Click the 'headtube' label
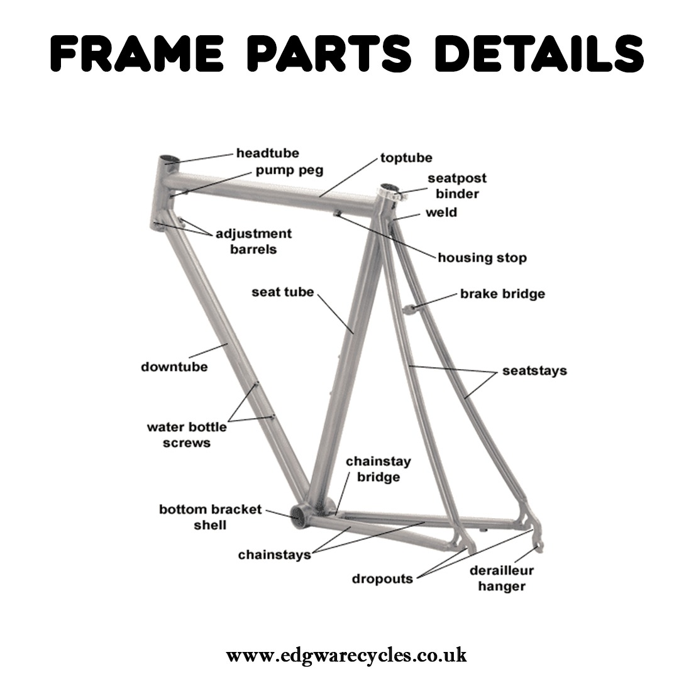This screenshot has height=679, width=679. tap(267, 153)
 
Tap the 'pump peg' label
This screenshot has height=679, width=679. tap(289, 170)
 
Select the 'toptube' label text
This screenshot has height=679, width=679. tap(406, 157)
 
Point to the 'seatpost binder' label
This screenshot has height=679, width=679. tap(457, 186)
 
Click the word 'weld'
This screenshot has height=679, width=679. tap(441, 213)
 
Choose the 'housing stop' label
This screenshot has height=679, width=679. tap(482, 258)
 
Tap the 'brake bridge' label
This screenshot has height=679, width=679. tap(502, 294)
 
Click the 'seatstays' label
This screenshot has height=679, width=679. tap(534, 371)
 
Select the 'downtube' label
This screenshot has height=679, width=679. tap(174, 367)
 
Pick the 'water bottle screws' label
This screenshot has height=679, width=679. tap(187, 435)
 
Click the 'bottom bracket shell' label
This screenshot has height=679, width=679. tap(210, 516)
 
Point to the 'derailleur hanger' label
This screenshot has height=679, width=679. tap(502, 578)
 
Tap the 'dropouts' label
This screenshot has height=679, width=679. tap(382, 578)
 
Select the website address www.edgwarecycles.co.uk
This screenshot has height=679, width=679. tap(346, 655)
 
